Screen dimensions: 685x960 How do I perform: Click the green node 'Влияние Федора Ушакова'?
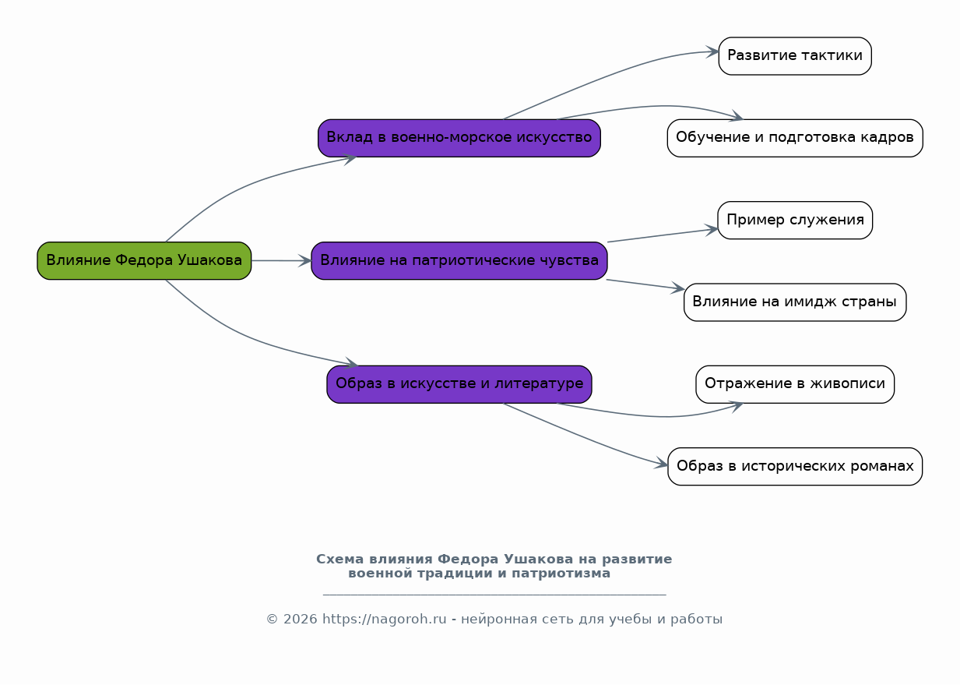coord(144,260)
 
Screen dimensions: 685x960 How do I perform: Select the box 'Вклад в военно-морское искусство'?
coord(459,138)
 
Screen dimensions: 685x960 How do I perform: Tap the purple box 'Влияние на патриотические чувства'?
coord(459,260)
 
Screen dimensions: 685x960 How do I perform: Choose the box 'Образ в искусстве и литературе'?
coord(459,384)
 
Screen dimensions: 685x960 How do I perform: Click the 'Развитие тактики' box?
coord(794,56)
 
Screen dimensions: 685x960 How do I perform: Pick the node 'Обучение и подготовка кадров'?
coord(794,138)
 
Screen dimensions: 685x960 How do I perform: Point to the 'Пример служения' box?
coord(794,221)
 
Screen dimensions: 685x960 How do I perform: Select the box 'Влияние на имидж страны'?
coord(794,302)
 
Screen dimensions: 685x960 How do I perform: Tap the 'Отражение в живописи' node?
coord(794,384)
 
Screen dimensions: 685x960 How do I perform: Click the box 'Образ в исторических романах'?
coord(794,467)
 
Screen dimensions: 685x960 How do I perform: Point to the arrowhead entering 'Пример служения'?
coord(712,229)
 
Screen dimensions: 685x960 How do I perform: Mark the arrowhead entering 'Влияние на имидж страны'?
coord(678,289)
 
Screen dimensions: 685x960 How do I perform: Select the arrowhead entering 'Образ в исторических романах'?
coord(663,465)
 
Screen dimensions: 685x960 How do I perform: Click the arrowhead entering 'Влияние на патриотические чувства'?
coord(305,261)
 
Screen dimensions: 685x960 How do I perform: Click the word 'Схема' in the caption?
coord(340,560)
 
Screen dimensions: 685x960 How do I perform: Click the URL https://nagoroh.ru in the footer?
coord(384,620)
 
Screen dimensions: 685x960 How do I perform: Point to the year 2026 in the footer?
coord(300,620)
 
